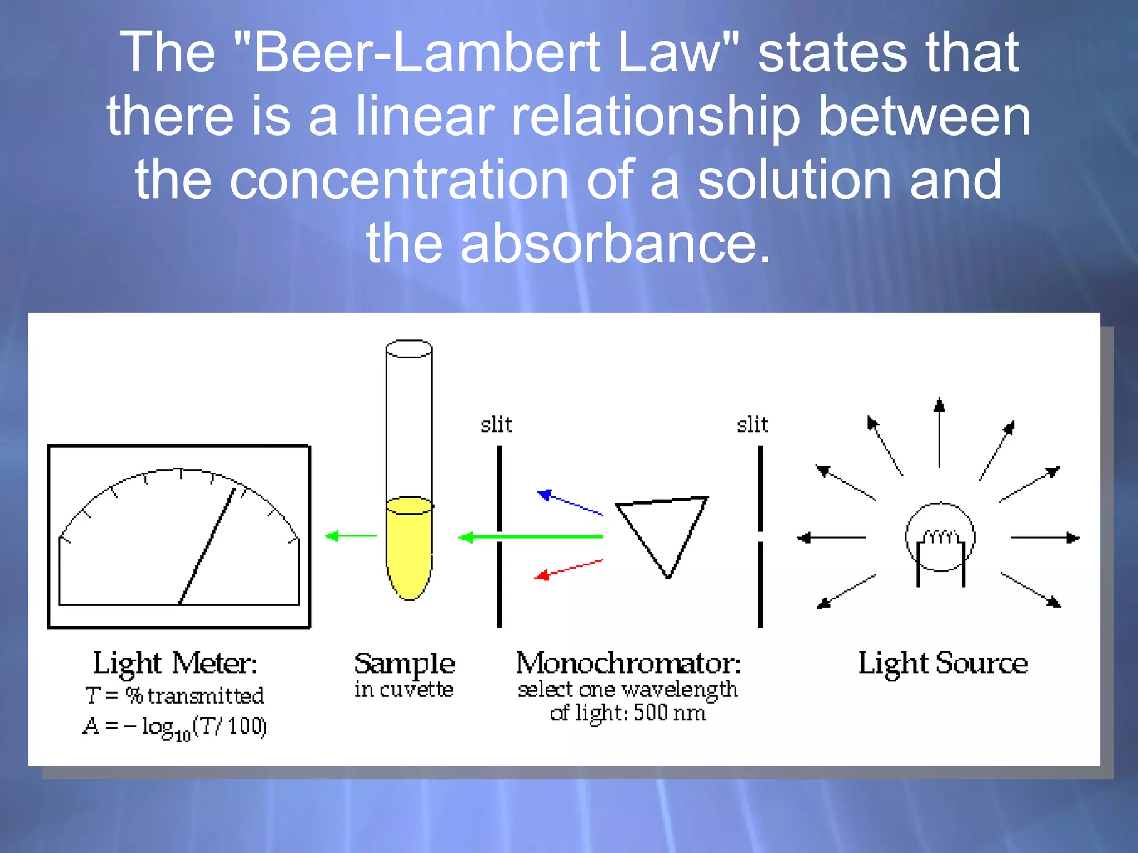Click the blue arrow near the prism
pos(570,503)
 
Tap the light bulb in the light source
pos(940,538)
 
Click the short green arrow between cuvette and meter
pos(351,536)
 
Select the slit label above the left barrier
pos(496,425)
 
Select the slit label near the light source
pos(752,425)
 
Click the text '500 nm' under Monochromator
pos(670,712)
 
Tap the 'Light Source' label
pos(943,664)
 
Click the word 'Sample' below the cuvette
pos(405,664)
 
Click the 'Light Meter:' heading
pos(175,664)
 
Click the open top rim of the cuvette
pos(409,349)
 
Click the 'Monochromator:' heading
pos(628,664)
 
